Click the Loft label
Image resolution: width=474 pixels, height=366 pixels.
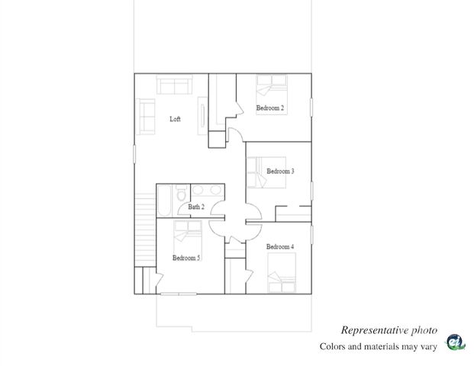coord(175,119)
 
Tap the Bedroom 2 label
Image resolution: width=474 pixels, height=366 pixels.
coord(270,108)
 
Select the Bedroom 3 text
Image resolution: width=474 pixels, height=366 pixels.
coord(280,172)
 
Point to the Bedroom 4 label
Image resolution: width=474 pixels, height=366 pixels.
coord(280,247)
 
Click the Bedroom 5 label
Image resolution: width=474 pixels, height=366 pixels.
coord(186,258)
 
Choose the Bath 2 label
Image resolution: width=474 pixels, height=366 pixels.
coord(196,207)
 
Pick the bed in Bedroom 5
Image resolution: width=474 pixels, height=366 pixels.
coord(186,233)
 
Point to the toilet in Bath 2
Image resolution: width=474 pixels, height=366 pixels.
coord(182,196)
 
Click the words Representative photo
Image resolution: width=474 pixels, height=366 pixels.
coord(389,330)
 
